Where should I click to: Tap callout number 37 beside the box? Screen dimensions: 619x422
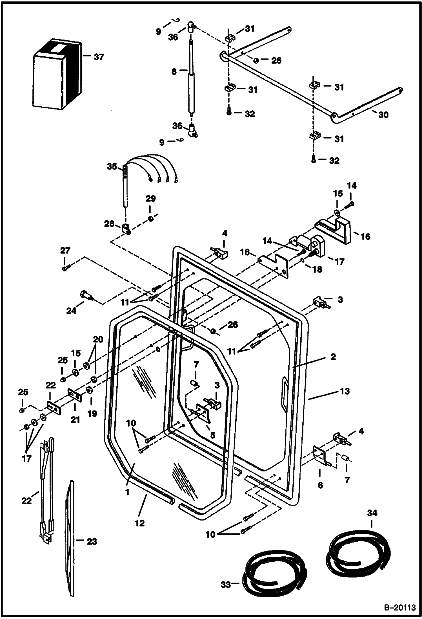pyautogui.click(x=99, y=57)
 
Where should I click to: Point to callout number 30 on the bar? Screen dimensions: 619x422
pyautogui.click(x=383, y=115)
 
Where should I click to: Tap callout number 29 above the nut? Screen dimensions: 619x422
pyautogui.click(x=150, y=199)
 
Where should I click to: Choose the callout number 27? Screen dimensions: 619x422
pyautogui.click(x=65, y=251)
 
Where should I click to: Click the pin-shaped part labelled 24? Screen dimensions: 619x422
pyautogui.click(x=85, y=296)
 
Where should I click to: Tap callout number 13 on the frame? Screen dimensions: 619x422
pyautogui.click(x=345, y=391)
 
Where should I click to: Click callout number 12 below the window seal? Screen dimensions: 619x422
pyautogui.click(x=140, y=523)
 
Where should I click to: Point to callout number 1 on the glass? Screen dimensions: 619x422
pyautogui.click(x=127, y=493)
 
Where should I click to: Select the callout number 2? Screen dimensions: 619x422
pyautogui.click(x=333, y=357)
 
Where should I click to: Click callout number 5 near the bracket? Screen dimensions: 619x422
pyautogui.click(x=212, y=436)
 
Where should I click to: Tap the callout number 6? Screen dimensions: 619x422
pyautogui.click(x=320, y=486)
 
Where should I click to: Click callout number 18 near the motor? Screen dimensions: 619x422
pyautogui.click(x=317, y=270)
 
